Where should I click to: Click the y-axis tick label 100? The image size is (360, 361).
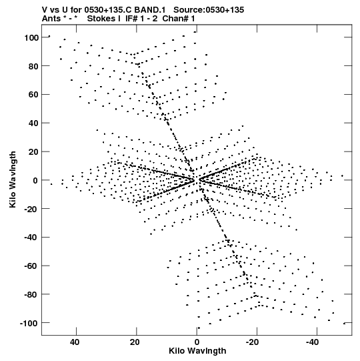coord(31,37)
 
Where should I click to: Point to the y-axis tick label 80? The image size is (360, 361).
coord(33,66)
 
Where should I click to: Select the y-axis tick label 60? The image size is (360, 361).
coord(33,95)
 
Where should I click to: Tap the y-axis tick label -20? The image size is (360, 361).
coord(31,209)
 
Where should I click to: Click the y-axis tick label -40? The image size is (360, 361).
coord(31,238)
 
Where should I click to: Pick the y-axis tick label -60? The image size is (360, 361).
coord(31,266)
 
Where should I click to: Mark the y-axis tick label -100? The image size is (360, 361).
coord(29,323)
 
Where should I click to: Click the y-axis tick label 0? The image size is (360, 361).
coord(35,180)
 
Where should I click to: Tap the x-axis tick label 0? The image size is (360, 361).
coord(197,342)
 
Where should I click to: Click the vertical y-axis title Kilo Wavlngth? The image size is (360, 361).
coord(13,179)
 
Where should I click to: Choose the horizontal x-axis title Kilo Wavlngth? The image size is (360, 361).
coord(197,351)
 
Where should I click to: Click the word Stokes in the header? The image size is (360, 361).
coord(103,19)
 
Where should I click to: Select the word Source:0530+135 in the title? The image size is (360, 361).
coord(209,10)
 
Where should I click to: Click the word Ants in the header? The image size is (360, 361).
coord(51,19)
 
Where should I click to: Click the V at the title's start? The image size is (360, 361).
coord(45,10)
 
